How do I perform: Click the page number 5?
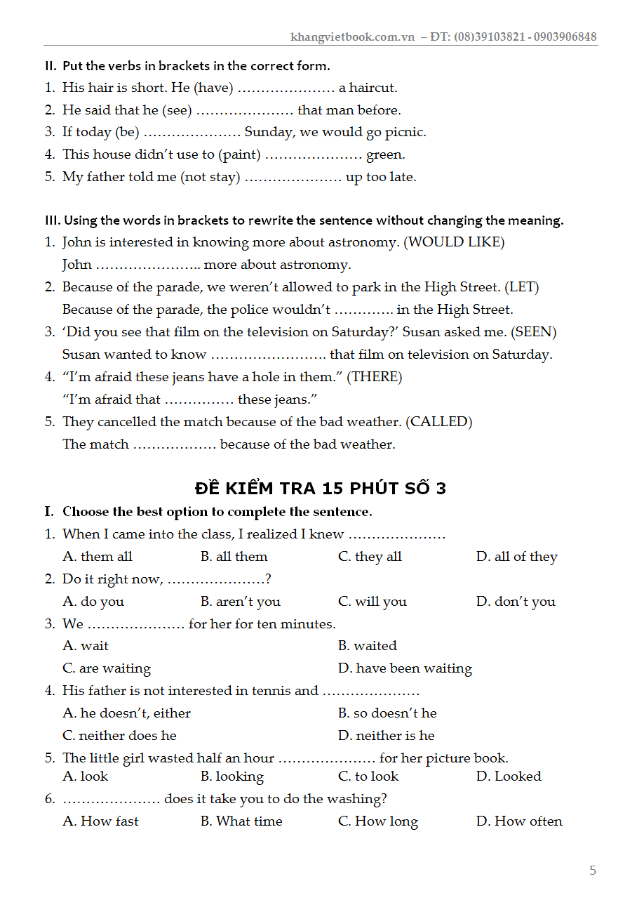[x=593, y=871]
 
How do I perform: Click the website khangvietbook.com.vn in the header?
[x=353, y=37]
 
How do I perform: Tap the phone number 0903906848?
[x=565, y=37]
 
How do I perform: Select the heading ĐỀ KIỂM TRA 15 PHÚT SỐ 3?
[x=321, y=489]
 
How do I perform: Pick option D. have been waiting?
[x=405, y=668]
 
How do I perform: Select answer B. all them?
[x=234, y=557]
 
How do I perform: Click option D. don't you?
[x=516, y=602]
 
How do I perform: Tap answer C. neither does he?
[x=119, y=736]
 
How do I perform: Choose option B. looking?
[x=232, y=776]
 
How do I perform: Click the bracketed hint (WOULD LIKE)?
[x=456, y=242]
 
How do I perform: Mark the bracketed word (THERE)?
[x=375, y=377]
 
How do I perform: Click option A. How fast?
[x=101, y=821]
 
